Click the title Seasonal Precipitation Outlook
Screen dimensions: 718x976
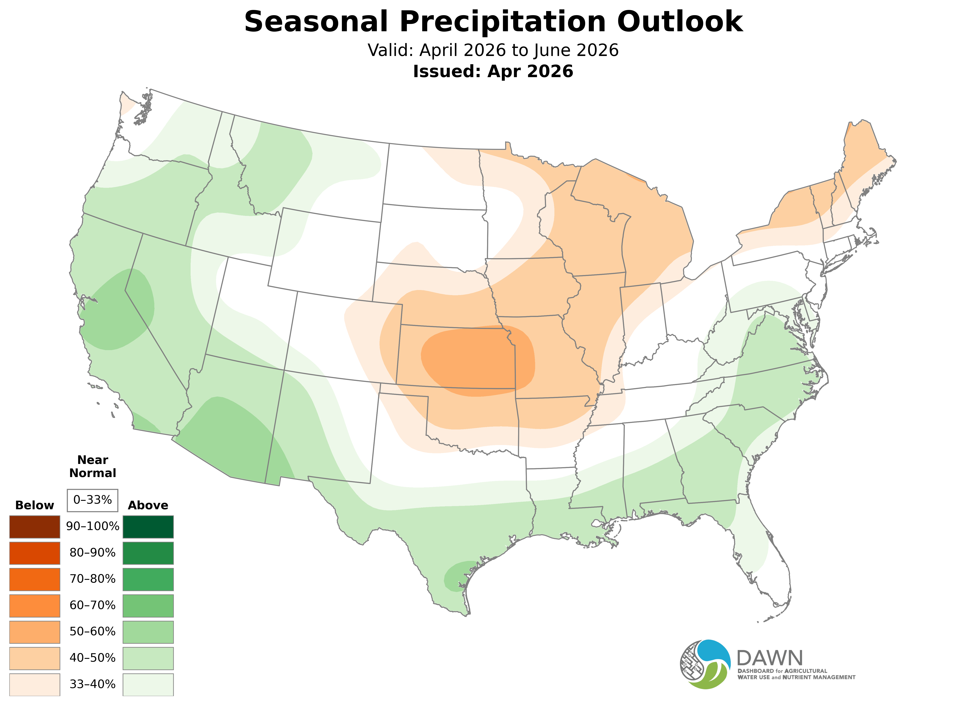click(x=493, y=22)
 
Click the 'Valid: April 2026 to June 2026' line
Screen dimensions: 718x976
click(x=493, y=50)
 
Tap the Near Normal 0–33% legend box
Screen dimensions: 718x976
click(x=92, y=500)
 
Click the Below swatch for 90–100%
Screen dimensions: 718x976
click(x=35, y=527)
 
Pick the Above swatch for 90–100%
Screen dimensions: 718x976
click(x=148, y=527)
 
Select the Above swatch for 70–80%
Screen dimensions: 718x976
click(x=148, y=579)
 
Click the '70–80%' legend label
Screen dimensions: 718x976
click(x=92, y=579)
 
